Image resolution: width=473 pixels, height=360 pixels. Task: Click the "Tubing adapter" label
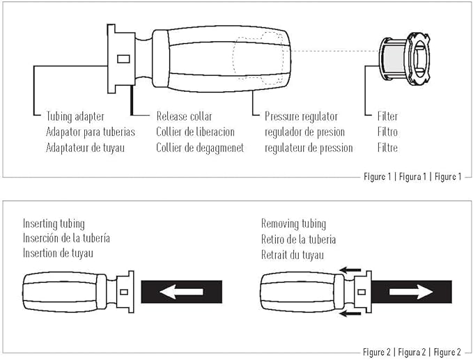click(x=75, y=117)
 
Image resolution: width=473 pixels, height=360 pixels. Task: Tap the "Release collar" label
click(x=184, y=116)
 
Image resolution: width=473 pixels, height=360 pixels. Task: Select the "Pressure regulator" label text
click(x=301, y=117)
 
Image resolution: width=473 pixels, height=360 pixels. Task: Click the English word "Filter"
click(x=387, y=116)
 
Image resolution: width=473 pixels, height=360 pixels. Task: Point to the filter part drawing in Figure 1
click(x=405, y=59)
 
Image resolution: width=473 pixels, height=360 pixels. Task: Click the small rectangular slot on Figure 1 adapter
click(x=123, y=58)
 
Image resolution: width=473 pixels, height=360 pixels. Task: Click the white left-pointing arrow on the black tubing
click(x=181, y=292)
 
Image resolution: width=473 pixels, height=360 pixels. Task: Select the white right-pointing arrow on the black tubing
click(x=411, y=292)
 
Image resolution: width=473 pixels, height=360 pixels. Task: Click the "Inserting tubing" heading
click(x=54, y=224)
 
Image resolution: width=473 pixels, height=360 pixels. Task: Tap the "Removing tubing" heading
click(x=293, y=224)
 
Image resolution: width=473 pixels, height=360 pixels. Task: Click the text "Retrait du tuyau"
click(x=293, y=255)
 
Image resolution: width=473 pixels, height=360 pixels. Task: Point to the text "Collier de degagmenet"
click(x=200, y=148)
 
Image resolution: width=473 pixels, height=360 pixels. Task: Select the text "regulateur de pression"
click(x=309, y=148)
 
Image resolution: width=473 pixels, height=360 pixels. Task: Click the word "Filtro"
click(x=387, y=132)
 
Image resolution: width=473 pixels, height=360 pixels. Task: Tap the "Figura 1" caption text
click(x=412, y=176)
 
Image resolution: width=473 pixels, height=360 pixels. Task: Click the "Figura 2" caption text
click(x=412, y=352)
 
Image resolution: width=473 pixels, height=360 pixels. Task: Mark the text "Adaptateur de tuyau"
click(x=85, y=148)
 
